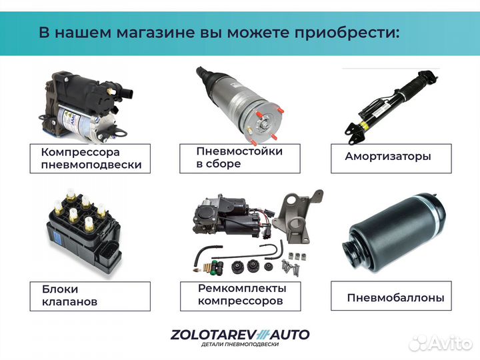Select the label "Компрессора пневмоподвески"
(x=91, y=159)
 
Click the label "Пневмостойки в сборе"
(x=239, y=157)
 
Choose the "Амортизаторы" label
(x=388, y=157)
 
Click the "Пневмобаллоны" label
(x=395, y=298)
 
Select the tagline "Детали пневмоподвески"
(x=239, y=345)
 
